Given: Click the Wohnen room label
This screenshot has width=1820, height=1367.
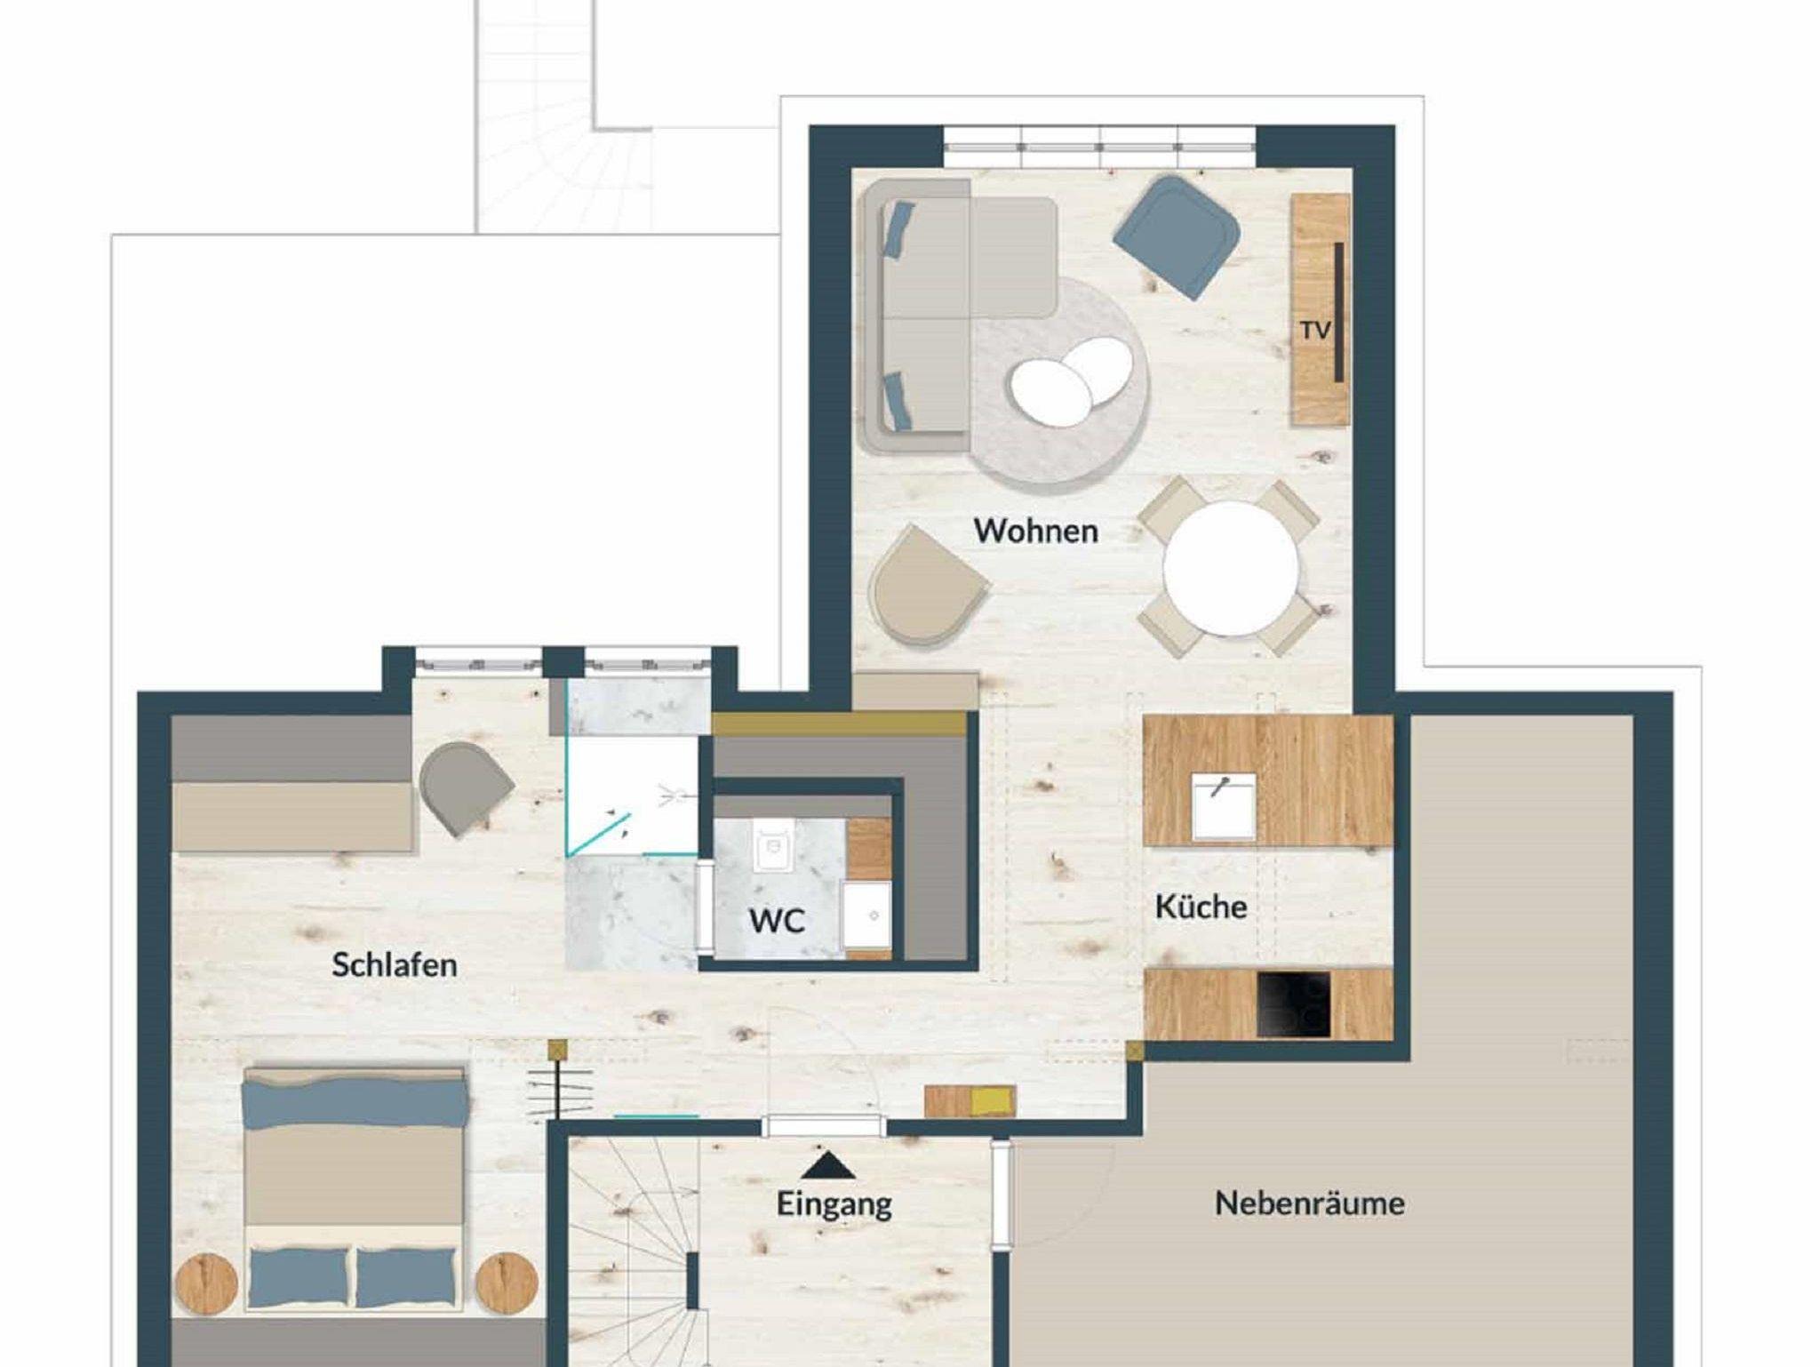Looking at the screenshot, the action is (x=1035, y=531).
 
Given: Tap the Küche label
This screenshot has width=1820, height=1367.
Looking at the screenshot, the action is (x=1201, y=907).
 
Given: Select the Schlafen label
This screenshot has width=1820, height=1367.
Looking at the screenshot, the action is (x=395, y=964).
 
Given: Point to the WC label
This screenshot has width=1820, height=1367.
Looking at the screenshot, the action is (x=777, y=921).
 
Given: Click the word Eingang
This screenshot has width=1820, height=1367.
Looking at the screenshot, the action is (x=834, y=1204).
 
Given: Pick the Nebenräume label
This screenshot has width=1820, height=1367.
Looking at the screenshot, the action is (x=1310, y=1203).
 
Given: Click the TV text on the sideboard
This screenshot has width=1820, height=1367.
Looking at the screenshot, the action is (x=1315, y=331).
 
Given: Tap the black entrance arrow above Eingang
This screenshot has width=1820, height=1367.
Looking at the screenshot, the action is (x=827, y=1165).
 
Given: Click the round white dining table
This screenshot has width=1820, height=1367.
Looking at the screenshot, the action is (x=1230, y=568).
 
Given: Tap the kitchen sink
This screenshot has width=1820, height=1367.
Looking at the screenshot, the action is (x=1224, y=806).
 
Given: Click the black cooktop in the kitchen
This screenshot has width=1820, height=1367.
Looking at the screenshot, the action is (x=1295, y=1004).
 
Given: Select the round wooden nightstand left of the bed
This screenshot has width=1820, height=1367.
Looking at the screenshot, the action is (x=207, y=1283).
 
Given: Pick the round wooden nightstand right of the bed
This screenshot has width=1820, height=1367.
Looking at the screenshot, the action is (x=507, y=1283).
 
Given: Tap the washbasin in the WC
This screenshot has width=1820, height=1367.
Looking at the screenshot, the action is (x=866, y=915).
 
